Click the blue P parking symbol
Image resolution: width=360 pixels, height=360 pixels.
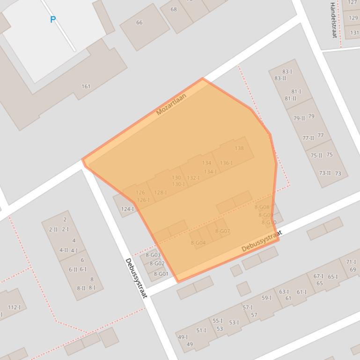[53, 20]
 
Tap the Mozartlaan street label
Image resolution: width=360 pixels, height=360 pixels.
[171, 104]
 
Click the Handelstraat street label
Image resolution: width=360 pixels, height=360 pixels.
[333, 14]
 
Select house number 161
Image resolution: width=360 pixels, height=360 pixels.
[86, 86]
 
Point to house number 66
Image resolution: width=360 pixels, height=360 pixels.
[139, 22]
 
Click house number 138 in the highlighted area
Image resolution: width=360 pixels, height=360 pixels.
[239, 149]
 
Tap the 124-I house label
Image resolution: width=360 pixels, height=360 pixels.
[127, 209]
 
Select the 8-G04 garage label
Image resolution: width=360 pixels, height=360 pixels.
[198, 243]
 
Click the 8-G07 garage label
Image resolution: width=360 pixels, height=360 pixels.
[222, 231]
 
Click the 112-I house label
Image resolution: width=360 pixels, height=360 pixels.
[14, 307]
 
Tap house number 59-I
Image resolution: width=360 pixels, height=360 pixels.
[266, 298]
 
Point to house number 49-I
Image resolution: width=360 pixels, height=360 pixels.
[183, 337]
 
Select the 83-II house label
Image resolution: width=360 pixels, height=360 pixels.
[280, 78]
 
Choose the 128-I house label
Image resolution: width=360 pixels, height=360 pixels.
[160, 193]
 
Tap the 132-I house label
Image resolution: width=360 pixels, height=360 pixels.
[193, 178]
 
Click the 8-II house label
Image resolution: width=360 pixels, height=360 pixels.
[81, 288]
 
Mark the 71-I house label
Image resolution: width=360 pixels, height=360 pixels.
[351, 262]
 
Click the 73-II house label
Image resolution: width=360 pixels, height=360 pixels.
[325, 173]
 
